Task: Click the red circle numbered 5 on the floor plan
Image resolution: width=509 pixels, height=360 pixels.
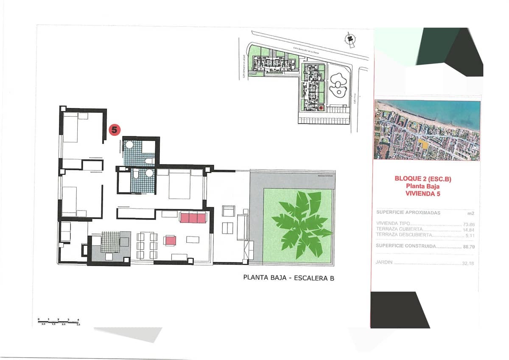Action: point(114,129)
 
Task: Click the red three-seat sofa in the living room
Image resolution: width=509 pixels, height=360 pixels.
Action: point(193,218)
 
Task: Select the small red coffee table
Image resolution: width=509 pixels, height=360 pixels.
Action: point(171,240)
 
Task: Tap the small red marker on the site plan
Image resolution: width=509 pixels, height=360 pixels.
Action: point(321,108)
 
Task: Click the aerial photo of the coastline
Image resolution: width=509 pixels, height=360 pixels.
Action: point(427,130)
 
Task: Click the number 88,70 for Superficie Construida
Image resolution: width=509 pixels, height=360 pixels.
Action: point(468,246)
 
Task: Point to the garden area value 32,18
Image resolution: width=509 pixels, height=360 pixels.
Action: point(468,263)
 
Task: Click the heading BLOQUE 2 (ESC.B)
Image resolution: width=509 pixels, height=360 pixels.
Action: point(423,179)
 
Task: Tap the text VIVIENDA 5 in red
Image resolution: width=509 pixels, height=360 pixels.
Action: point(422,193)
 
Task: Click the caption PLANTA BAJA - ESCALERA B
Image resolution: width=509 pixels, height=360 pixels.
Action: point(288,278)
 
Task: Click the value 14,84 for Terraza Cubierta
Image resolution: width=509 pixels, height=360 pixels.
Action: point(468,230)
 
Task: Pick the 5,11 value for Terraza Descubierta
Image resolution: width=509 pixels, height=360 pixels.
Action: point(469,235)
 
